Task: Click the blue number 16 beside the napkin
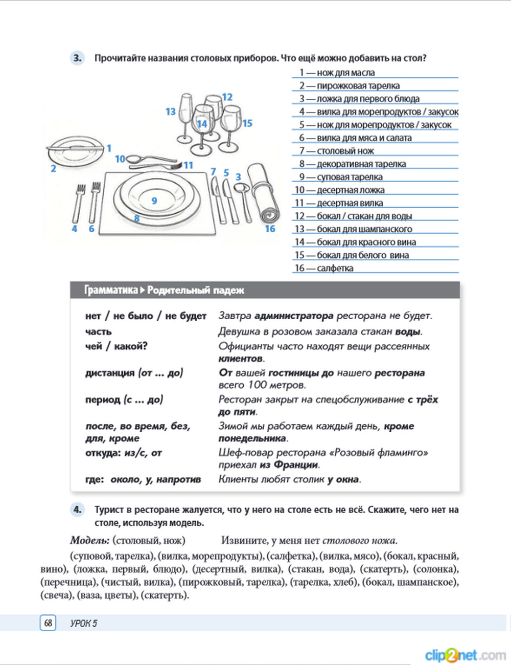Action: (270, 229)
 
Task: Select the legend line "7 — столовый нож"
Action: (337, 151)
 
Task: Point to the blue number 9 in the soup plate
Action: (154, 201)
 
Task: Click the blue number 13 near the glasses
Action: (170, 112)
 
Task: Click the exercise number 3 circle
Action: (77, 58)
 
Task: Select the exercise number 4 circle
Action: (77, 509)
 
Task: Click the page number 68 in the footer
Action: (48, 623)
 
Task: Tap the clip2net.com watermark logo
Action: (465, 655)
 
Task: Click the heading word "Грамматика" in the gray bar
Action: (110, 291)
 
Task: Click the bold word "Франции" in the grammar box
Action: (296, 465)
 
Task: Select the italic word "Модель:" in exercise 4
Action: (89, 540)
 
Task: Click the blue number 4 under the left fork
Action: (75, 229)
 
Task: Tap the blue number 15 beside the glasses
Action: (247, 123)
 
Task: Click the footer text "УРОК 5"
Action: (84, 623)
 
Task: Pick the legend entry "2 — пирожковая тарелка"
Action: (350, 86)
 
